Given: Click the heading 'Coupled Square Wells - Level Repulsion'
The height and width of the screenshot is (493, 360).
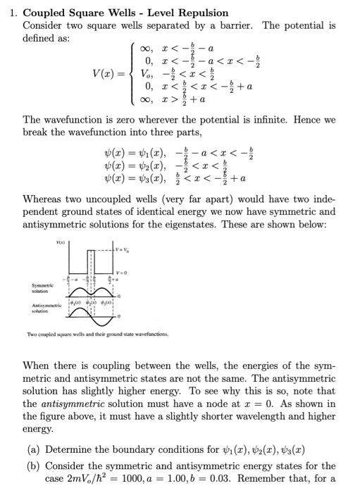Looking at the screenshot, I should click(x=126, y=13).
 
